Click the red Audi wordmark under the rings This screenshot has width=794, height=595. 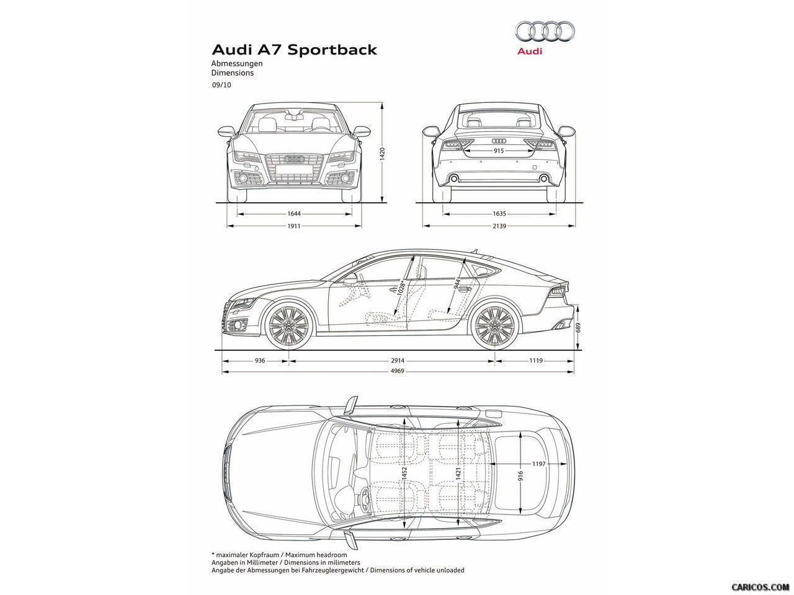(x=530, y=51)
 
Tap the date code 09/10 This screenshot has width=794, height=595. (x=221, y=86)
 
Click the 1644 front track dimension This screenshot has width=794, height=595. (x=294, y=214)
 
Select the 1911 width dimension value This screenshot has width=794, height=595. (x=294, y=226)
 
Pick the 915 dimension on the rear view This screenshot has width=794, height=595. (x=498, y=151)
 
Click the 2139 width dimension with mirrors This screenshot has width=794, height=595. (x=499, y=226)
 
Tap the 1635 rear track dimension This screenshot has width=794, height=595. (x=499, y=214)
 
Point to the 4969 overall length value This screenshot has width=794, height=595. (x=398, y=371)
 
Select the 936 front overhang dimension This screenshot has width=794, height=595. (x=259, y=360)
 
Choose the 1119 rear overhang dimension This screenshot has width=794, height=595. (x=537, y=360)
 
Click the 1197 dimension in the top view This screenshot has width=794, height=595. (x=538, y=464)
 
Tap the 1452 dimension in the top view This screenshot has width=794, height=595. (x=404, y=474)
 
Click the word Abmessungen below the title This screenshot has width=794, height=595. (x=237, y=64)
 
